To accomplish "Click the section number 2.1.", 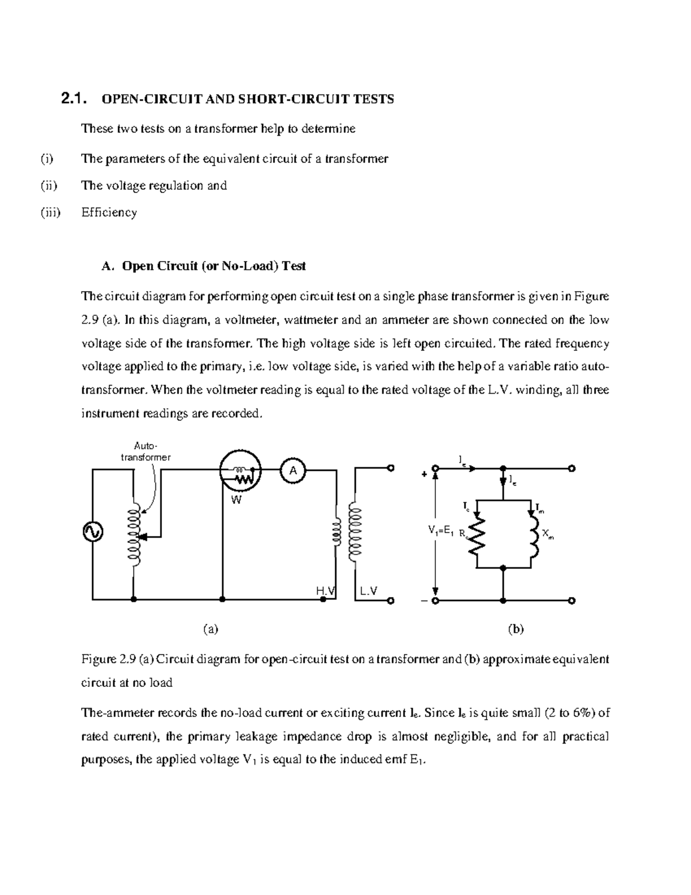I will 73,99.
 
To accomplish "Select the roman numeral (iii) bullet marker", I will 50,213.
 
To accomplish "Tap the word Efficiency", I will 109,213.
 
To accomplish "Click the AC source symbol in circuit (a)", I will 92,532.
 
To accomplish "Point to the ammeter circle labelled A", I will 293,471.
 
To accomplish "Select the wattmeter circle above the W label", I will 240,471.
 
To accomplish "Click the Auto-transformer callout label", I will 145,452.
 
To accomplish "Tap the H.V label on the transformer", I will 326,591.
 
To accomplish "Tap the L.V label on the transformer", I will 369,591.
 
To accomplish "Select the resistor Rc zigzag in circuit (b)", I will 477,536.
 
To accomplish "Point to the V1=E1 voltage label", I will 441,531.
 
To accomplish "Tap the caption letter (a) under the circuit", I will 211,629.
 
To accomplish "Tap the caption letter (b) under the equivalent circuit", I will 515,629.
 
